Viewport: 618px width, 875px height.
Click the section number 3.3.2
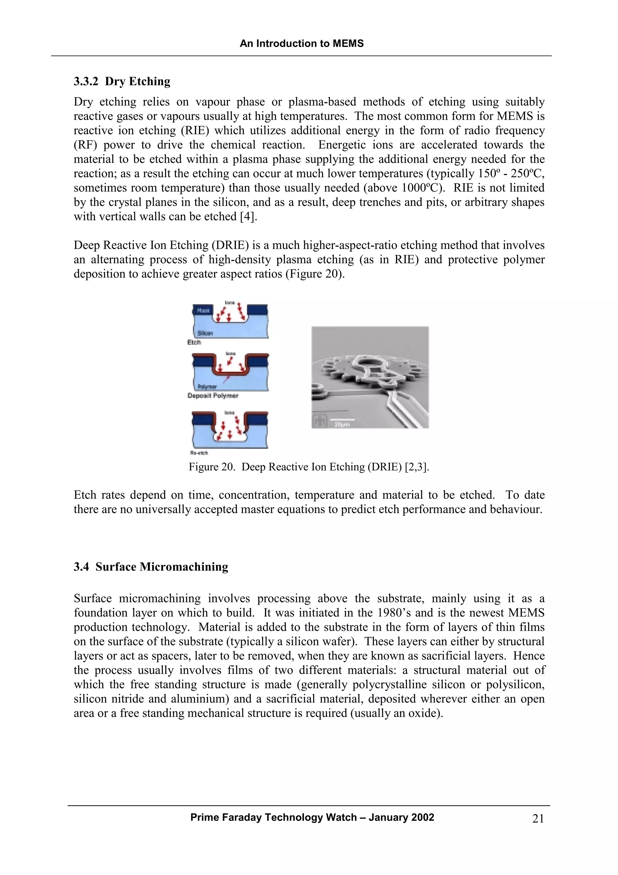pyautogui.click(x=86, y=81)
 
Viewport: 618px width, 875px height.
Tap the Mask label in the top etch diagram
pyautogui.click(x=203, y=311)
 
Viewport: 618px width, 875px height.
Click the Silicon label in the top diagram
pyautogui.click(x=205, y=333)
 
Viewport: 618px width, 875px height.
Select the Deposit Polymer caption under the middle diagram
pyautogui.click(x=213, y=396)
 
